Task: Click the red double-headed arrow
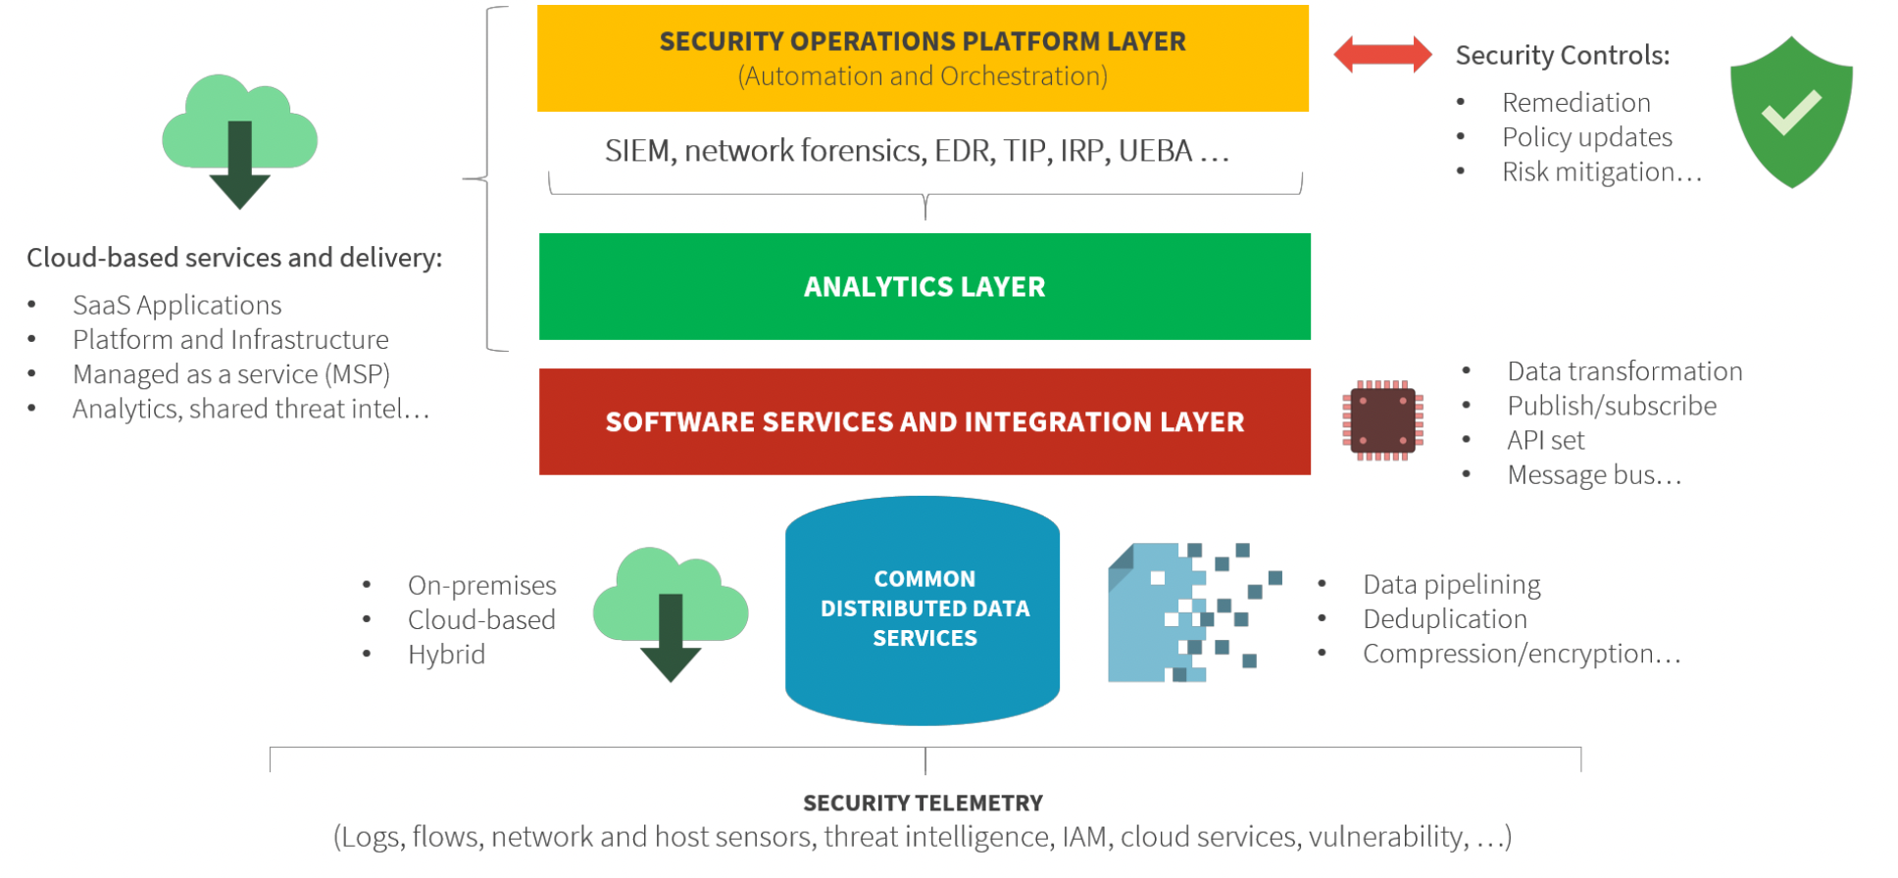pyautogui.click(x=1382, y=55)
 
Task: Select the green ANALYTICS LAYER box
pyautogui.click(x=924, y=286)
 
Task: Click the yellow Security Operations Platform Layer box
pyautogui.click(x=923, y=58)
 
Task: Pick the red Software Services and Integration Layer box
pyautogui.click(x=924, y=421)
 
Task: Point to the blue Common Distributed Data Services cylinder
pyautogui.click(x=923, y=610)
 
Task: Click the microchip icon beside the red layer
pyautogui.click(x=1382, y=420)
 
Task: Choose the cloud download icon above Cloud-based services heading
pyautogui.click(x=239, y=139)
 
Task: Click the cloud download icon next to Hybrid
pyautogui.click(x=671, y=612)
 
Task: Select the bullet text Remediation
pyautogui.click(x=1575, y=103)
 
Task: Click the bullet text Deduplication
pyautogui.click(x=1444, y=619)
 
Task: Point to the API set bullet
pyautogui.click(x=1545, y=441)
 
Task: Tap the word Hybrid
pyautogui.click(x=446, y=655)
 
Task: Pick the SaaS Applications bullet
pyautogui.click(x=176, y=306)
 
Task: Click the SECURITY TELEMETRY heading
pyautogui.click(x=923, y=804)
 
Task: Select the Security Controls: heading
pyautogui.click(x=1562, y=56)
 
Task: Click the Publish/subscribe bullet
pyautogui.click(x=1612, y=407)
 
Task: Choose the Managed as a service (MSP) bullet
pyautogui.click(x=230, y=374)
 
